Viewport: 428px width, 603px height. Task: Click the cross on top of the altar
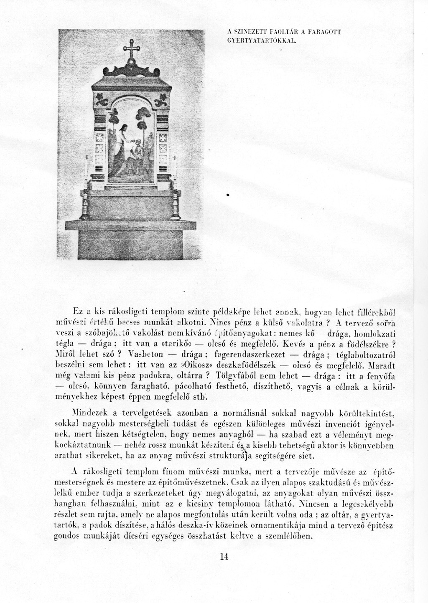coord(130,49)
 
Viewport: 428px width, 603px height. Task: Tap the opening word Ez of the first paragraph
coord(77,311)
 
